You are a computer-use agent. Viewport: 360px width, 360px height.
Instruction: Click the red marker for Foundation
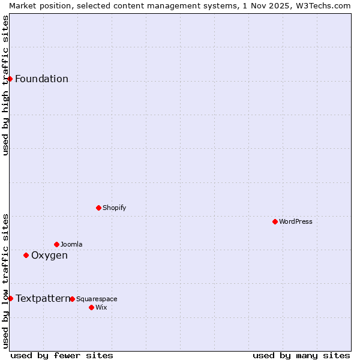pyautogui.click(x=10, y=79)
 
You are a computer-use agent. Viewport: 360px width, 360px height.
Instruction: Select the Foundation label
pyautogui.click(x=41, y=79)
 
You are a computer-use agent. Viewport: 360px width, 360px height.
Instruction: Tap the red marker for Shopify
pyautogui.click(x=98, y=208)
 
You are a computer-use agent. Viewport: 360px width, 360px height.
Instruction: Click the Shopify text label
pyautogui.click(x=114, y=208)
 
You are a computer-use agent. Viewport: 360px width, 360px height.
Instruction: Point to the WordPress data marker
pyautogui.click(x=275, y=221)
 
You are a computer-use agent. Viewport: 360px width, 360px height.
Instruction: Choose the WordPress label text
pyautogui.click(x=296, y=222)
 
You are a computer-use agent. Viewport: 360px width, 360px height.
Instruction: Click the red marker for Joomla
pyautogui.click(x=56, y=244)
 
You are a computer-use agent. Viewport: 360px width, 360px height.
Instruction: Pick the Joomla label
pyautogui.click(x=71, y=245)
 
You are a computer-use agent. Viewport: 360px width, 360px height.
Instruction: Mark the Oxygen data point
pyautogui.click(x=26, y=255)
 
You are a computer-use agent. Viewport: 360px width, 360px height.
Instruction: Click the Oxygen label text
pyautogui.click(x=49, y=256)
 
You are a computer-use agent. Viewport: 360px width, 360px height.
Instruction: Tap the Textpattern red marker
pyautogui.click(x=10, y=298)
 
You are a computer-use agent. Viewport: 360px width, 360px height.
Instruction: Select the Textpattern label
pyautogui.click(x=43, y=299)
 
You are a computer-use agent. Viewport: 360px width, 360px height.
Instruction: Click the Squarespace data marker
pyautogui.click(x=72, y=299)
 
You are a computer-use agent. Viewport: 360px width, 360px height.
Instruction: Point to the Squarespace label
pyautogui.click(x=97, y=299)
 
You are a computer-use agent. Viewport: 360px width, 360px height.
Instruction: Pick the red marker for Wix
pyautogui.click(x=91, y=307)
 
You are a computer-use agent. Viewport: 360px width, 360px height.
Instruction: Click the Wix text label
pyautogui.click(x=101, y=308)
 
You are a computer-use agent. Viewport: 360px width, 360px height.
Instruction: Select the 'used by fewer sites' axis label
pyautogui.click(x=62, y=356)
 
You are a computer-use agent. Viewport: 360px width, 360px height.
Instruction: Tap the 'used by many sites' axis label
pyautogui.click(x=301, y=356)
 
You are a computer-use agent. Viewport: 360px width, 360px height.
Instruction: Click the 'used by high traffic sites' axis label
pyautogui.click(x=5, y=85)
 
